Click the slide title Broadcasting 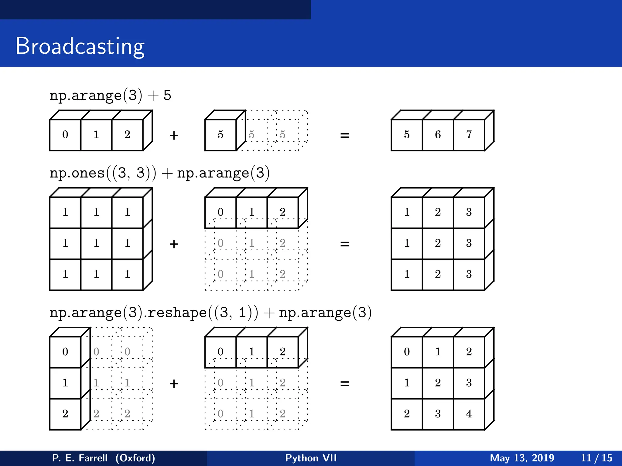pos(80,46)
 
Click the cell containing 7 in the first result pos(469,135)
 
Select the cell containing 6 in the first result pos(438,135)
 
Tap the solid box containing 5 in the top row pos(220,135)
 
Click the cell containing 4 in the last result pos(469,414)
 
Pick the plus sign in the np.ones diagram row pos(174,244)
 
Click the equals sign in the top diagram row pos(344,135)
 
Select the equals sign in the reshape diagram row pos(344,384)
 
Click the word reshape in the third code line pos(177,313)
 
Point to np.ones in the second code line pos(77,173)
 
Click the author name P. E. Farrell pos(80,458)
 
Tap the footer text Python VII pos(311,458)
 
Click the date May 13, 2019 pos(522,458)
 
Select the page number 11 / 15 pos(596,458)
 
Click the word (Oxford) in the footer pos(135,458)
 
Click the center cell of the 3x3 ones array pos(96,243)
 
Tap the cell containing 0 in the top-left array pos(65,135)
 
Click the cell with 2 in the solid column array pos(65,414)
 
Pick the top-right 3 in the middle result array pos(469,212)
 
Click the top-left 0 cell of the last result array pos(407,352)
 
